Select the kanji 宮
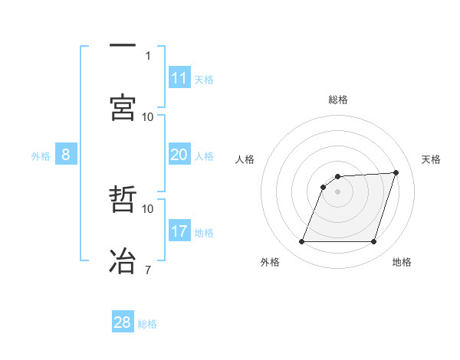point(123,106)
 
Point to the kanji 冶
point(123,260)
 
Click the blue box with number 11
point(179,78)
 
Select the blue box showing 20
point(179,155)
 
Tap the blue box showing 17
point(179,231)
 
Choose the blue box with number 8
point(66,155)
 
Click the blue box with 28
point(123,322)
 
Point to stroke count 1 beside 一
point(148,55)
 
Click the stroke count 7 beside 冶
point(148,269)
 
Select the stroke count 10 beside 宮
point(148,116)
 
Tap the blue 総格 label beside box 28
point(147,324)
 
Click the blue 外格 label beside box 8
point(41,156)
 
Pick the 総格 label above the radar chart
point(338,100)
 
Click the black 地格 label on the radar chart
point(402,262)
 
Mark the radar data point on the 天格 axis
point(396,172)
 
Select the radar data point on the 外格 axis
point(302,242)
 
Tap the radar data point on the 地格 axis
point(374,242)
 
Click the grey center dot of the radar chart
point(338,192)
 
